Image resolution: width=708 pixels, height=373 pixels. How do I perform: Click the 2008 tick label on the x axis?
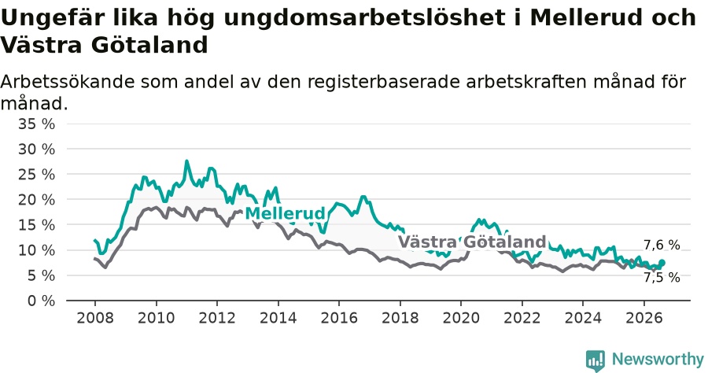coord(95,317)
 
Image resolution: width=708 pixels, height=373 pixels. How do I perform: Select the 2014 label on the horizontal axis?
coord(278,317)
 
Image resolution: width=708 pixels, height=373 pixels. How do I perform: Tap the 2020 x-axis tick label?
coord(460,317)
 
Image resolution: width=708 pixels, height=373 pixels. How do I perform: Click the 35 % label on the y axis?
coord(36,124)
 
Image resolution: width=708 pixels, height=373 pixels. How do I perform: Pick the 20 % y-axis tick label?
coord(36,199)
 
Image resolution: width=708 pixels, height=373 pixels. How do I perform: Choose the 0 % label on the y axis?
coord(41,301)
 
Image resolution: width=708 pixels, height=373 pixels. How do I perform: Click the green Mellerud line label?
coord(285,213)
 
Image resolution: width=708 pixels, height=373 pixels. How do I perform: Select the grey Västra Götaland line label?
coord(472,242)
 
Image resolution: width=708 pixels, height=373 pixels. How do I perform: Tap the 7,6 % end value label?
coord(662,246)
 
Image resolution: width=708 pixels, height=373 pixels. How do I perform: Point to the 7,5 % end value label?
coord(662,277)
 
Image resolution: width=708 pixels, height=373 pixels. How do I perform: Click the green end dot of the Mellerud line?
coord(662,262)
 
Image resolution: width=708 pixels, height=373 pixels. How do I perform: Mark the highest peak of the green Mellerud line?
coord(186,161)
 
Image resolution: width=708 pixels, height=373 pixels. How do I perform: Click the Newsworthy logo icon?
coord(596,361)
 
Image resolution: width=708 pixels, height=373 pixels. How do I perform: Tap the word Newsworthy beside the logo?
coord(658,360)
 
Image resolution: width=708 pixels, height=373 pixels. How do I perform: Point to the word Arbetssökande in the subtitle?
coord(67,82)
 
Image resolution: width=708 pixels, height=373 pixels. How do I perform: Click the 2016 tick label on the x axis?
coord(338,317)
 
